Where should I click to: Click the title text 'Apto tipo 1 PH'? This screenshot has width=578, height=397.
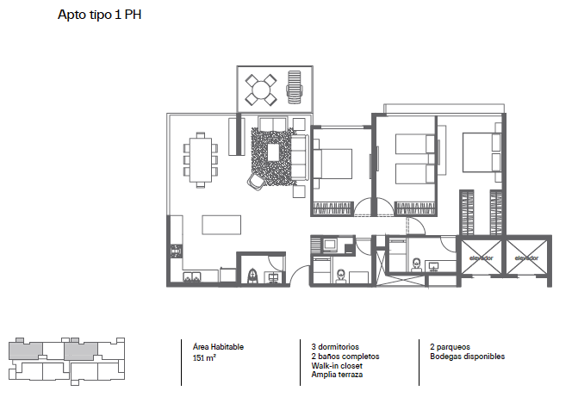[x=100, y=15]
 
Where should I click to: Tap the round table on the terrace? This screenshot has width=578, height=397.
[x=261, y=90]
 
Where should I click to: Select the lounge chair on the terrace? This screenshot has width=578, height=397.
[x=294, y=87]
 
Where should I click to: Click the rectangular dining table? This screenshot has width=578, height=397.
[x=201, y=159]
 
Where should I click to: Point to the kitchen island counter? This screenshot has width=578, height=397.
[x=221, y=225]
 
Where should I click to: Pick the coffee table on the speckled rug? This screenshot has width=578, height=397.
[x=273, y=152]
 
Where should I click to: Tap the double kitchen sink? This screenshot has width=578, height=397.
[x=192, y=276]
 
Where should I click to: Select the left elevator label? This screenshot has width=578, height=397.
[x=481, y=258]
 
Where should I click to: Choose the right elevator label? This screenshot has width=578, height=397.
[x=526, y=258]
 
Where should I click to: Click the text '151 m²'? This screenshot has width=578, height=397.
[x=204, y=357]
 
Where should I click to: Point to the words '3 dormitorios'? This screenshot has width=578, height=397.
[x=335, y=347]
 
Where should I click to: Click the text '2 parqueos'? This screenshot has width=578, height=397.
[x=451, y=347]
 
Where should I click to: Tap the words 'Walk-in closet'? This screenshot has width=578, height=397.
[x=337, y=366]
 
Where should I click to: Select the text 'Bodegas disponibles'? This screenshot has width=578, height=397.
[x=468, y=357]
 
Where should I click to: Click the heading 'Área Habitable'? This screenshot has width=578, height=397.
[x=218, y=347]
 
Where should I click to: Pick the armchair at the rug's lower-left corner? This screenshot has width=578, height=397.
[x=256, y=182]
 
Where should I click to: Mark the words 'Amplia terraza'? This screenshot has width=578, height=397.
[x=337, y=375]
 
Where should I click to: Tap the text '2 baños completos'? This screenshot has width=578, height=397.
[x=345, y=357]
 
